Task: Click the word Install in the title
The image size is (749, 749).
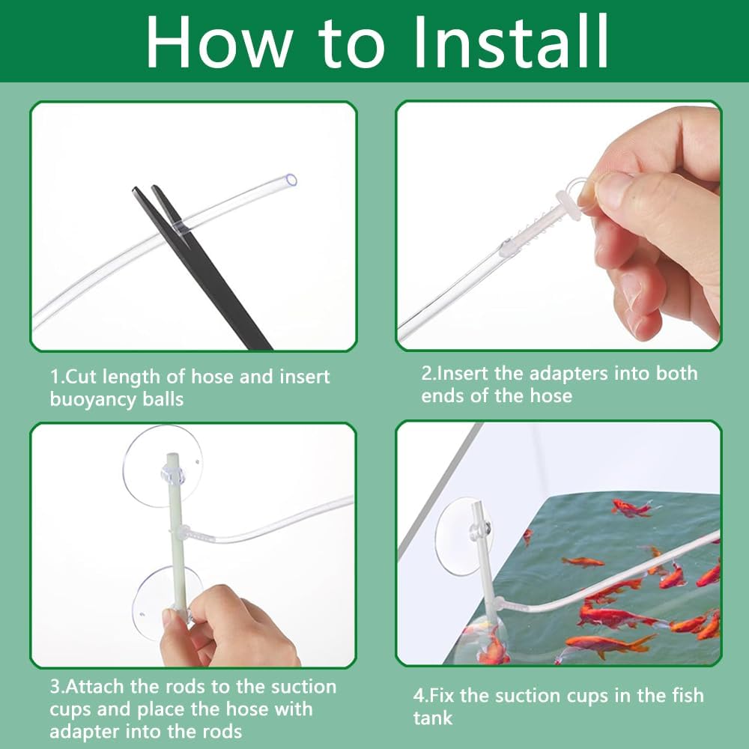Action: tap(510, 41)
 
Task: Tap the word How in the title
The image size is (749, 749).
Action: tap(219, 41)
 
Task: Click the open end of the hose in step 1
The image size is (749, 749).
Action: tap(291, 180)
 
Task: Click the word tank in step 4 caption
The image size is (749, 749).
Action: tap(433, 718)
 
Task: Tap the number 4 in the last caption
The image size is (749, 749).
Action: tap(419, 696)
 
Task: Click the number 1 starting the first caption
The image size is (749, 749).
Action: tap(55, 377)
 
